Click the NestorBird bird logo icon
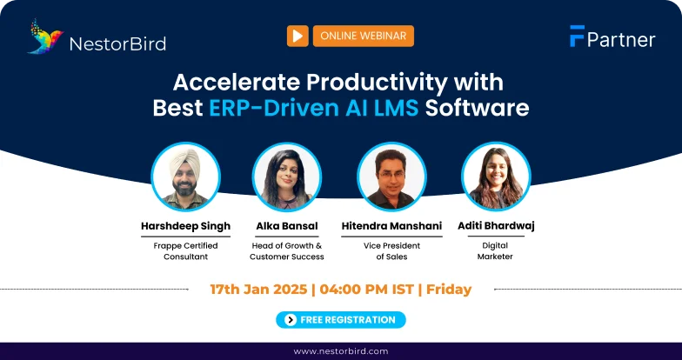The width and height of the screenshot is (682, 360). pyautogui.click(x=45, y=37)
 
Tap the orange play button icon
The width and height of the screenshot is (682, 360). pyautogui.click(x=298, y=36)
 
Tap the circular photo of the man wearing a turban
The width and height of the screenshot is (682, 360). pyautogui.click(x=186, y=177)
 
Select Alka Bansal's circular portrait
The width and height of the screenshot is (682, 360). pyautogui.click(x=287, y=177)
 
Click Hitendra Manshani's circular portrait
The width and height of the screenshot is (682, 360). pyautogui.click(x=392, y=177)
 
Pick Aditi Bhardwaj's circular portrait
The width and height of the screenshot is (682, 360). pyautogui.click(x=496, y=177)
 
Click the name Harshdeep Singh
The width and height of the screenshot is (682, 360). pyautogui.click(x=186, y=226)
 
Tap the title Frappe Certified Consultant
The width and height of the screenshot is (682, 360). pyautogui.click(x=186, y=250)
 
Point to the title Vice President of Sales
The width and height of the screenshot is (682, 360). pyautogui.click(x=392, y=250)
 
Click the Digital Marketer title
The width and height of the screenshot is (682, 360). pyautogui.click(x=496, y=250)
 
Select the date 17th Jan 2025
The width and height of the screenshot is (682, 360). pyautogui.click(x=258, y=289)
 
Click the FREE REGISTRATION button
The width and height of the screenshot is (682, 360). pyautogui.click(x=341, y=320)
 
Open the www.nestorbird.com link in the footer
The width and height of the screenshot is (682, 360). pyautogui.click(x=341, y=351)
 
